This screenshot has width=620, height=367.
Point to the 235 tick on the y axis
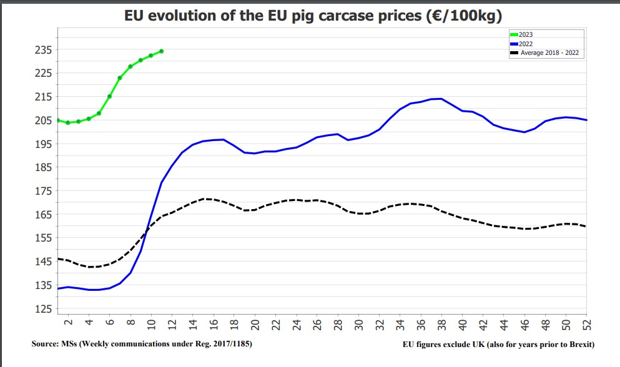coord(43,50)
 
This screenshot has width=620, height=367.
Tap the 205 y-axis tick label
coord(43,120)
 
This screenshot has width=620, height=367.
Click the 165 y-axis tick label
coord(43,215)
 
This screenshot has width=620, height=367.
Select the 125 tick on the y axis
coord(43,309)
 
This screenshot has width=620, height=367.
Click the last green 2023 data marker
coord(161,51)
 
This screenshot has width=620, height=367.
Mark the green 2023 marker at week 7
coord(120,78)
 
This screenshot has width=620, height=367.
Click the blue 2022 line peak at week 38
coord(441,99)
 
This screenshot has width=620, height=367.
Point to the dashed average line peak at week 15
coord(203,199)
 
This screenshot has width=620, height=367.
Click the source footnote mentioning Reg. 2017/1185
coord(142,344)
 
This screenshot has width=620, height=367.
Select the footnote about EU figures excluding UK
coord(499,344)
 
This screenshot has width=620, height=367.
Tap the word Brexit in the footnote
coord(579,344)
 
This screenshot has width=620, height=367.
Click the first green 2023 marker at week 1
coord(58,120)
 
